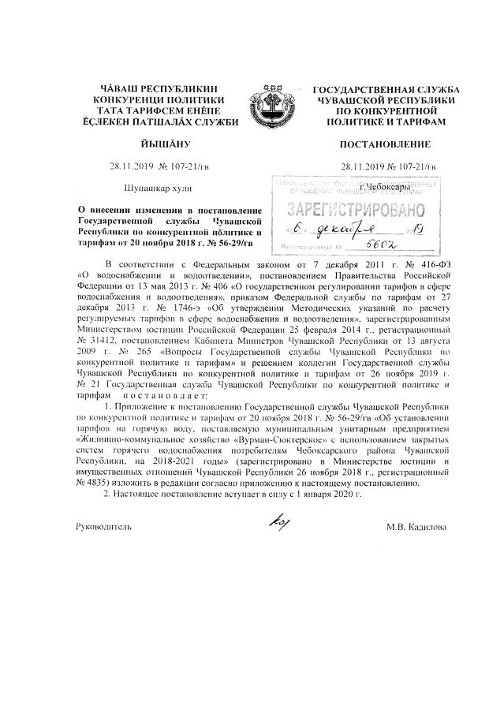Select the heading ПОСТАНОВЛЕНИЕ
coord(385,144)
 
